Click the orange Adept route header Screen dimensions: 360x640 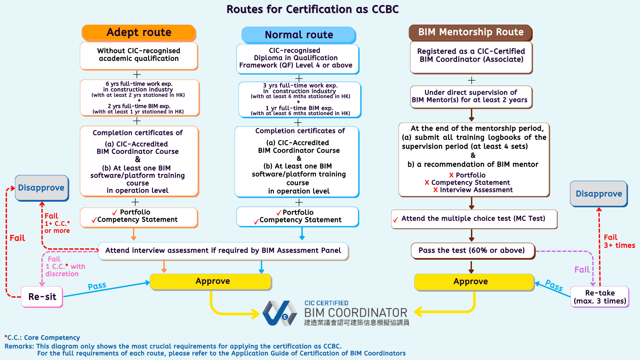[139, 33]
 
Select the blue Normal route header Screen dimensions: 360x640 [299, 35]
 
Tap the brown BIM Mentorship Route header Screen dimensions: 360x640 [470, 32]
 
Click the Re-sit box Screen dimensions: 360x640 [42, 297]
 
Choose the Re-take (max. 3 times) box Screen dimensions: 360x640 [600, 297]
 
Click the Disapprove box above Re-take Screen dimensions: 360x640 [599, 194]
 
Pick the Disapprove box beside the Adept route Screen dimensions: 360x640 [41, 188]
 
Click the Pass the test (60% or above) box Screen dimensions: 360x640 [472, 251]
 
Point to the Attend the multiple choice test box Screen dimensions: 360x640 [474, 219]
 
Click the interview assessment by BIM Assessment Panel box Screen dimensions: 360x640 [223, 251]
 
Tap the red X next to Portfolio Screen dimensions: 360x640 [451, 175]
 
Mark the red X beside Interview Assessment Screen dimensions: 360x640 [435, 190]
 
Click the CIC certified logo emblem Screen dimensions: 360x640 [279, 313]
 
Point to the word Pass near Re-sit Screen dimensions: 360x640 [97, 286]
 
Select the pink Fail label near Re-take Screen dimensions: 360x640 [582, 270]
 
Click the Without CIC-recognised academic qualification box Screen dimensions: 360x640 [139, 55]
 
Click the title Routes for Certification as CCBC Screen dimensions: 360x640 [312, 9]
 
